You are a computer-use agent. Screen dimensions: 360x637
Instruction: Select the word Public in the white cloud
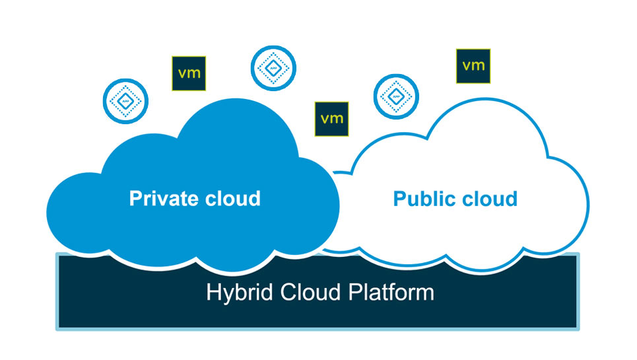422,199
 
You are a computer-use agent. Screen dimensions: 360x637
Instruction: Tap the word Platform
388,292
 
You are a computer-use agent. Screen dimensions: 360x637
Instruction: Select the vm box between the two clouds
331,119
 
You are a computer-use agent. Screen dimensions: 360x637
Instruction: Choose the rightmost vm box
474,65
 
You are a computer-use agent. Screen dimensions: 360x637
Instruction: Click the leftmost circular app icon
123,100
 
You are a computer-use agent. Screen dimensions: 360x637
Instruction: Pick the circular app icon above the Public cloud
396,96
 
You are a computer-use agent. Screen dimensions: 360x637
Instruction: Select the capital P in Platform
350,292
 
